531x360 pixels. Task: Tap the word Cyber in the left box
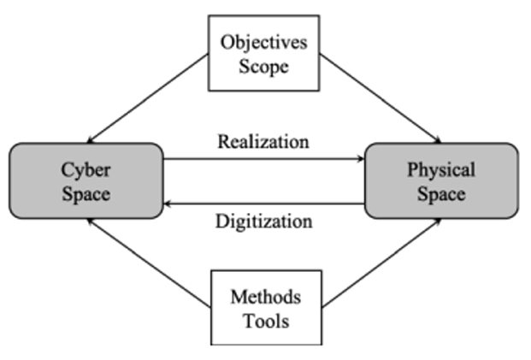[86, 169]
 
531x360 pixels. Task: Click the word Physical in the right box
[441, 169]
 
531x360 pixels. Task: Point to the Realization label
[264, 142]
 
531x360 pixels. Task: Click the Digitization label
[264, 222]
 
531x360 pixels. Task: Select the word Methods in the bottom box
[265, 297]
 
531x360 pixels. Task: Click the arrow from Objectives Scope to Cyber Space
[150, 98]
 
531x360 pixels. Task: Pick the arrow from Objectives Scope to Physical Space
[381, 98]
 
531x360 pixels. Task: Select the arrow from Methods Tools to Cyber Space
[150, 261]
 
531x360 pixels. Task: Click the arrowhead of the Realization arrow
[360, 159]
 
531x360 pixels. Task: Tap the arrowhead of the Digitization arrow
[169, 204]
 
